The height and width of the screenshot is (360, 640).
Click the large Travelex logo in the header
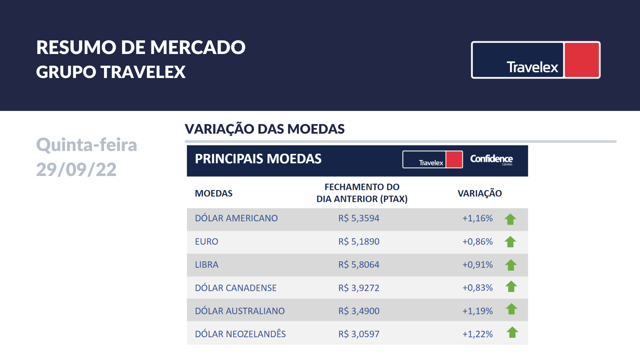(535, 60)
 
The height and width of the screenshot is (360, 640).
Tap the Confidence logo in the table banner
(491, 159)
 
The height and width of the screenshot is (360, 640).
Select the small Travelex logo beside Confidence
(432, 159)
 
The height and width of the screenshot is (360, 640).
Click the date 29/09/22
(76, 169)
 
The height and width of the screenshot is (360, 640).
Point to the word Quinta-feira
(87, 145)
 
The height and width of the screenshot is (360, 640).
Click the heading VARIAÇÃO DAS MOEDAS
(265, 129)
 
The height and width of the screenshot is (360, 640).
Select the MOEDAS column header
(214, 193)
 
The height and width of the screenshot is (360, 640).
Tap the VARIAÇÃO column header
(480, 193)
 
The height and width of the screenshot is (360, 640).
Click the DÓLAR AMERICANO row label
(236, 218)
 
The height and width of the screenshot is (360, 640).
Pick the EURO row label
(207, 241)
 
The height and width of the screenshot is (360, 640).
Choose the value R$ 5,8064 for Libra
(359, 265)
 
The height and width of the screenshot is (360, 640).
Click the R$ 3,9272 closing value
(359, 288)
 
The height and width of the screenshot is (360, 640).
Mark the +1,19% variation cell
(477, 311)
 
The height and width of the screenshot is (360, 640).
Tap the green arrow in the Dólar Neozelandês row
(512, 332)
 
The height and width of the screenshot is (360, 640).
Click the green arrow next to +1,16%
(510, 219)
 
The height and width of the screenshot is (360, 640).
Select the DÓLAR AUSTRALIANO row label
(240, 311)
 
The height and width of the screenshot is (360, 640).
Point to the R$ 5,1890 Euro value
(359, 241)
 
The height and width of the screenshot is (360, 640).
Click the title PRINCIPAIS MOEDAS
(258, 159)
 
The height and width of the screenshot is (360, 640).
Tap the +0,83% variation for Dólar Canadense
(477, 288)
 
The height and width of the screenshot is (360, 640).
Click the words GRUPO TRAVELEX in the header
(111, 72)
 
